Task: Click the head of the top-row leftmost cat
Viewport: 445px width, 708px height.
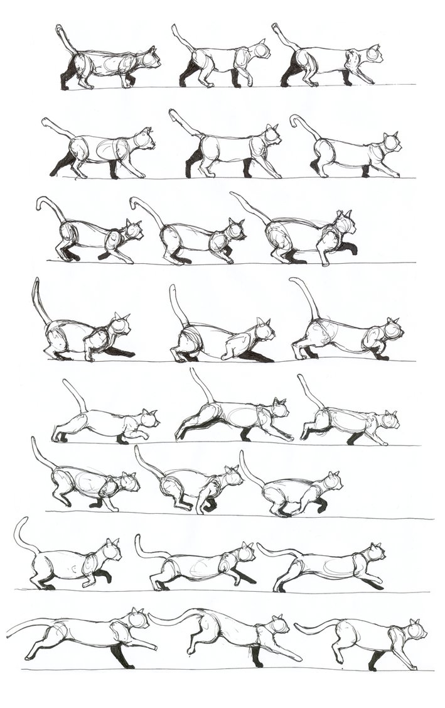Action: click(x=151, y=58)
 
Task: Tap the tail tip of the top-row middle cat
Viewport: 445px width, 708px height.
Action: click(x=174, y=27)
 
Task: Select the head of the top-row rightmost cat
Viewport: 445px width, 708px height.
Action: click(x=373, y=55)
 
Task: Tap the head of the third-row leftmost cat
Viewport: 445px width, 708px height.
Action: click(x=134, y=231)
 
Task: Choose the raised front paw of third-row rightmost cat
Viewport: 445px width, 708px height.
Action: click(x=350, y=249)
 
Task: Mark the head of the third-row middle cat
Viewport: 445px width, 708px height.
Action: click(x=236, y=230)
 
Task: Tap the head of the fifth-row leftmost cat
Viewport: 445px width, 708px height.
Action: click(x=149, y=419)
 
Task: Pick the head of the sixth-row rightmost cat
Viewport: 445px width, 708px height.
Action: click(x=332, y=482)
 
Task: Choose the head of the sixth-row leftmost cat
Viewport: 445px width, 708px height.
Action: click(x=129, y=482)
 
